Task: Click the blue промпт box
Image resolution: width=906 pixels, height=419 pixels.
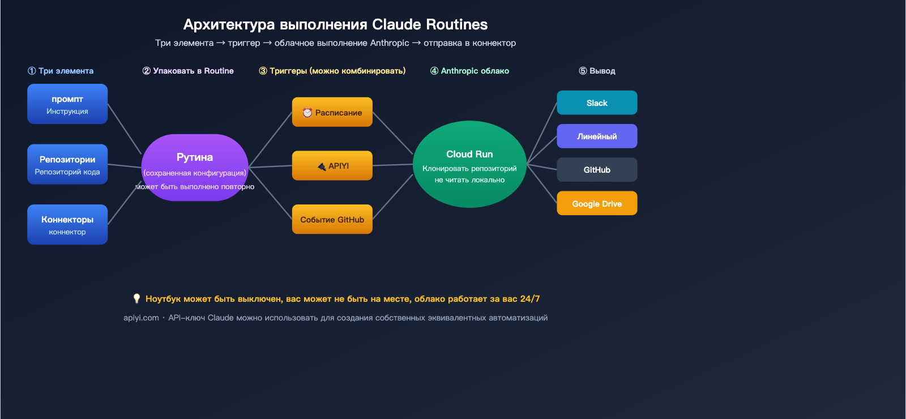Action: coord(67,104)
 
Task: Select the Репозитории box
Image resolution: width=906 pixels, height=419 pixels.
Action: coord(67,164)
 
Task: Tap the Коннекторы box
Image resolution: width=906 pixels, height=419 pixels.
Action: coord(67,225)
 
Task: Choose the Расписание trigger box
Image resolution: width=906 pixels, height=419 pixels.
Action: coord(332,112)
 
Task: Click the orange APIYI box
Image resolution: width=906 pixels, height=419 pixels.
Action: coord(332,166)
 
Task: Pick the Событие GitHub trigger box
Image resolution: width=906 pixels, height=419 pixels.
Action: coord(332,219)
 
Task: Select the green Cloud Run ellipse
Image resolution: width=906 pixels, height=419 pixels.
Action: coord(469,164)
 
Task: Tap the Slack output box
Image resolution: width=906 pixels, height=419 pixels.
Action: coord(597,103)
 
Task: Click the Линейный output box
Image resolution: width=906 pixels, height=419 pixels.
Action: coord(597,136)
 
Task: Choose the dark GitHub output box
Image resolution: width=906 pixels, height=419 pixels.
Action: coord(597,170)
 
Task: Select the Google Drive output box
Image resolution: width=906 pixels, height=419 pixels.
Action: coord(597,203)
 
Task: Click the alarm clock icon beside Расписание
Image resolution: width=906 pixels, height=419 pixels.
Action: coord(307,113)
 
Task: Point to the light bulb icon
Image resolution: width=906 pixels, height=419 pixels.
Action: coord(136,298)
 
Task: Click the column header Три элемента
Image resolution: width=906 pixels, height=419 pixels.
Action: coord(61,71)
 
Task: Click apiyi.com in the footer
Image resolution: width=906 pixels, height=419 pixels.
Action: coord(141,318)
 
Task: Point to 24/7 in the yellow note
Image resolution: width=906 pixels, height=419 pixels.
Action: coord(530,298)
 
